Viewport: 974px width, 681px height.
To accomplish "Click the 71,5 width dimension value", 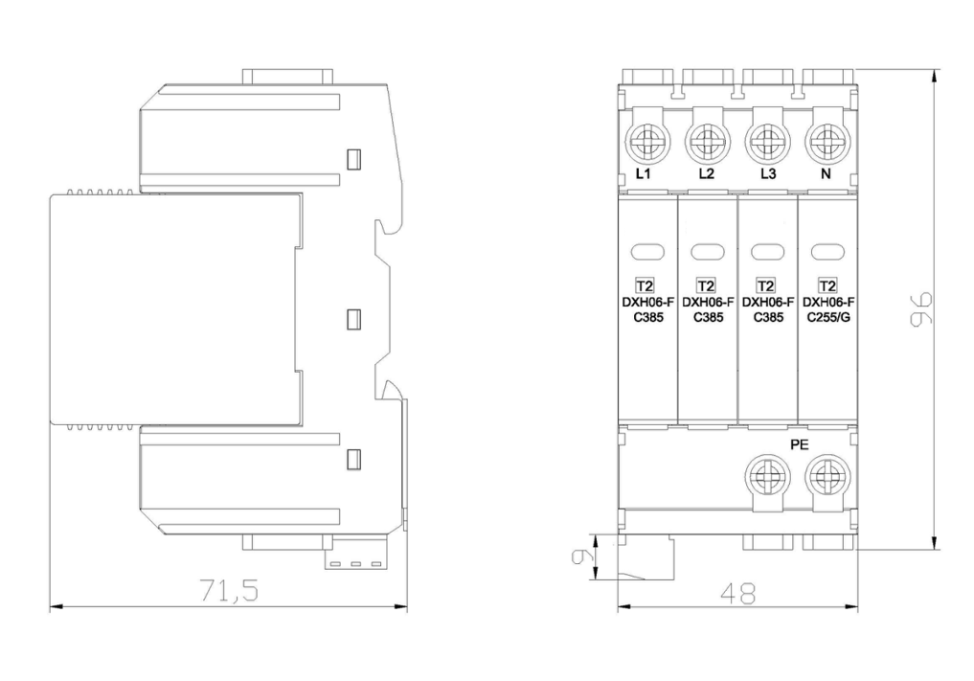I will [229, 591].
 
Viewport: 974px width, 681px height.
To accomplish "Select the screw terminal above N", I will [825, 144].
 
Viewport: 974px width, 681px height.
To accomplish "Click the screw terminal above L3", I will [765, 144].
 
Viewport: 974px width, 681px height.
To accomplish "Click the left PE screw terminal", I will [767, 475].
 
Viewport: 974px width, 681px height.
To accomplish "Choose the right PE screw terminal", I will [825, 475].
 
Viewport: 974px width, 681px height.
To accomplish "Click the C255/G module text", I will [828, 317].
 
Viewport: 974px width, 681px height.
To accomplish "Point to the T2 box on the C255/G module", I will [827, 285].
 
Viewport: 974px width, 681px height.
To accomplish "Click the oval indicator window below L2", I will [708, 252].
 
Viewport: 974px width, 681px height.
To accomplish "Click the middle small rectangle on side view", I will [352, 318].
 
